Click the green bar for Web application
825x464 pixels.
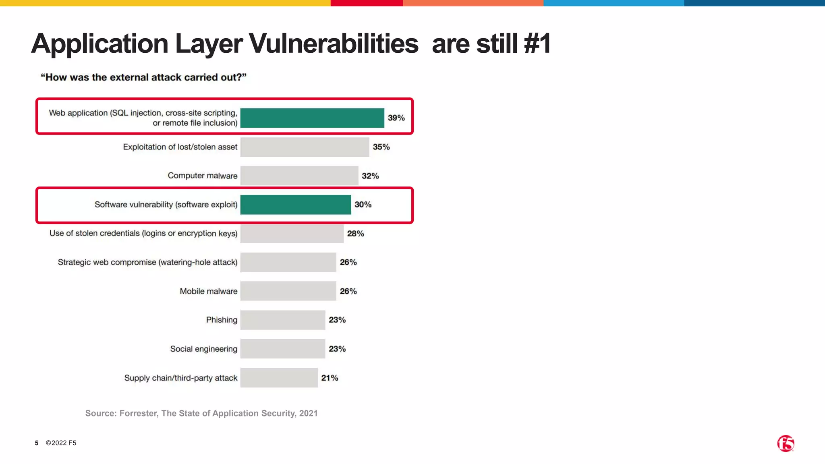pos(312,118)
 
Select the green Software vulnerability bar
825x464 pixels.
pos(296,205)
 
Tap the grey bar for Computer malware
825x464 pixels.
pos(299,176)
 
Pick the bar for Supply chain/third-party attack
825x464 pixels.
pos(279,378)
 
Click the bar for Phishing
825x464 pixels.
pos(283,320)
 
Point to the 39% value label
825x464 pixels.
pos(396,118)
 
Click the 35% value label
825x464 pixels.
pos(381,147)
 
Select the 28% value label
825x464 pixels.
pos(355,234)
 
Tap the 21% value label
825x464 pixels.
pos(330,378)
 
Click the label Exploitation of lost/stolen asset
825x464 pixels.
pos(180,147)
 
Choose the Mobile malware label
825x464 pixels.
pos(208,291)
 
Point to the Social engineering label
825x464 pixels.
pos(203,349)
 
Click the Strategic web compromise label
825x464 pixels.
pos(147,262)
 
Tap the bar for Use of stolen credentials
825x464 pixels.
pos(292,234)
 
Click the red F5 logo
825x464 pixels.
pos(786,443)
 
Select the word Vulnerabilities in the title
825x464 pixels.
pos(334,43)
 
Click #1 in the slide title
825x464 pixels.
pos(537,43)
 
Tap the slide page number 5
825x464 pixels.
pos(37,443)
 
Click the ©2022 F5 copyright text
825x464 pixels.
pos(61,443)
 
